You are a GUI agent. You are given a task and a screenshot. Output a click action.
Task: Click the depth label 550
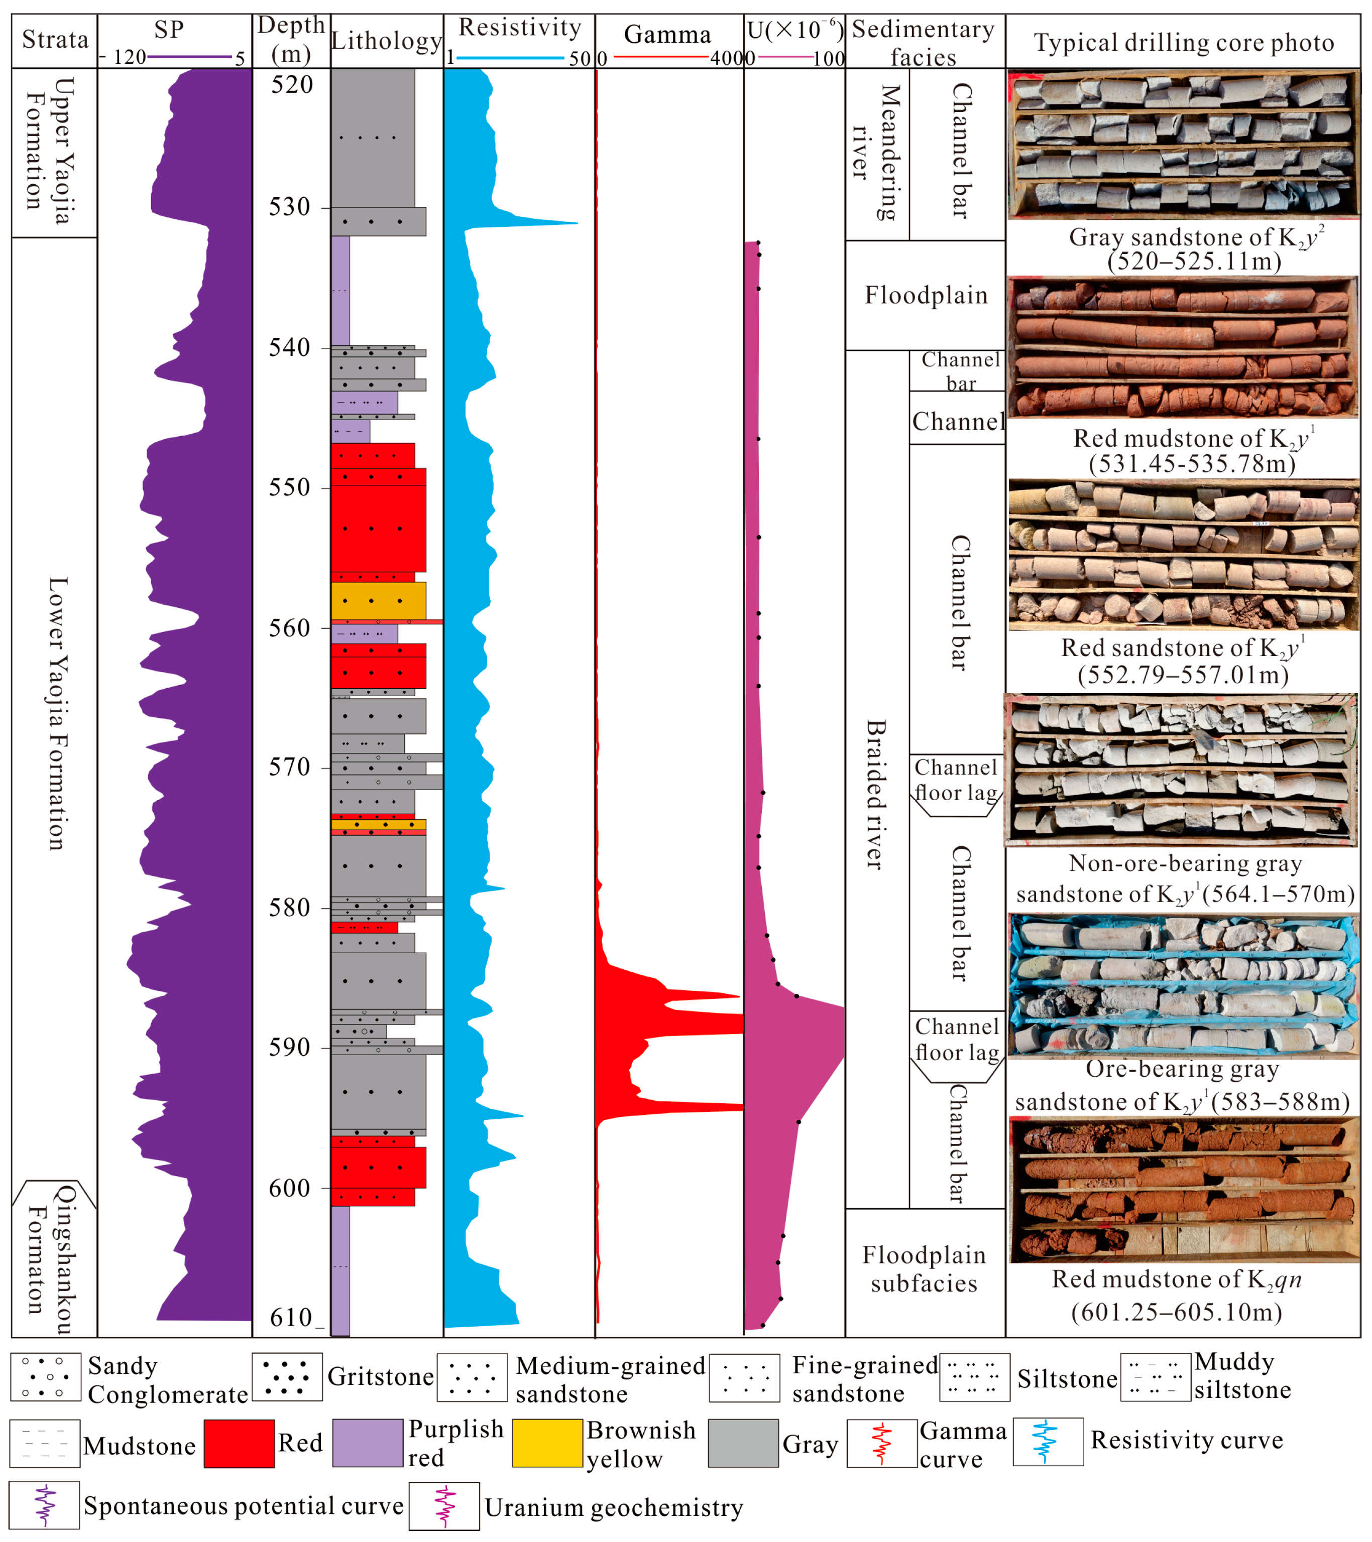[290, 488]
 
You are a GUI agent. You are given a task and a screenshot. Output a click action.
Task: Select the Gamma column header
[667, 35]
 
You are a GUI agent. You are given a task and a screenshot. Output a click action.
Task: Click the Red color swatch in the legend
[239, 1443]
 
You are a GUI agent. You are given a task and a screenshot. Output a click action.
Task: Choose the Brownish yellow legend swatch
[547, 1443]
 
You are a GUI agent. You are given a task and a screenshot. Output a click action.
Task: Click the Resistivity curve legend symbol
[1048, 1442]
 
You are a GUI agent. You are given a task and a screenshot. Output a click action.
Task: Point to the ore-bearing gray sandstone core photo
[1183, 984]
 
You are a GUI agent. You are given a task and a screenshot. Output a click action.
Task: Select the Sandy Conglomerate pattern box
[45, 1377]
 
